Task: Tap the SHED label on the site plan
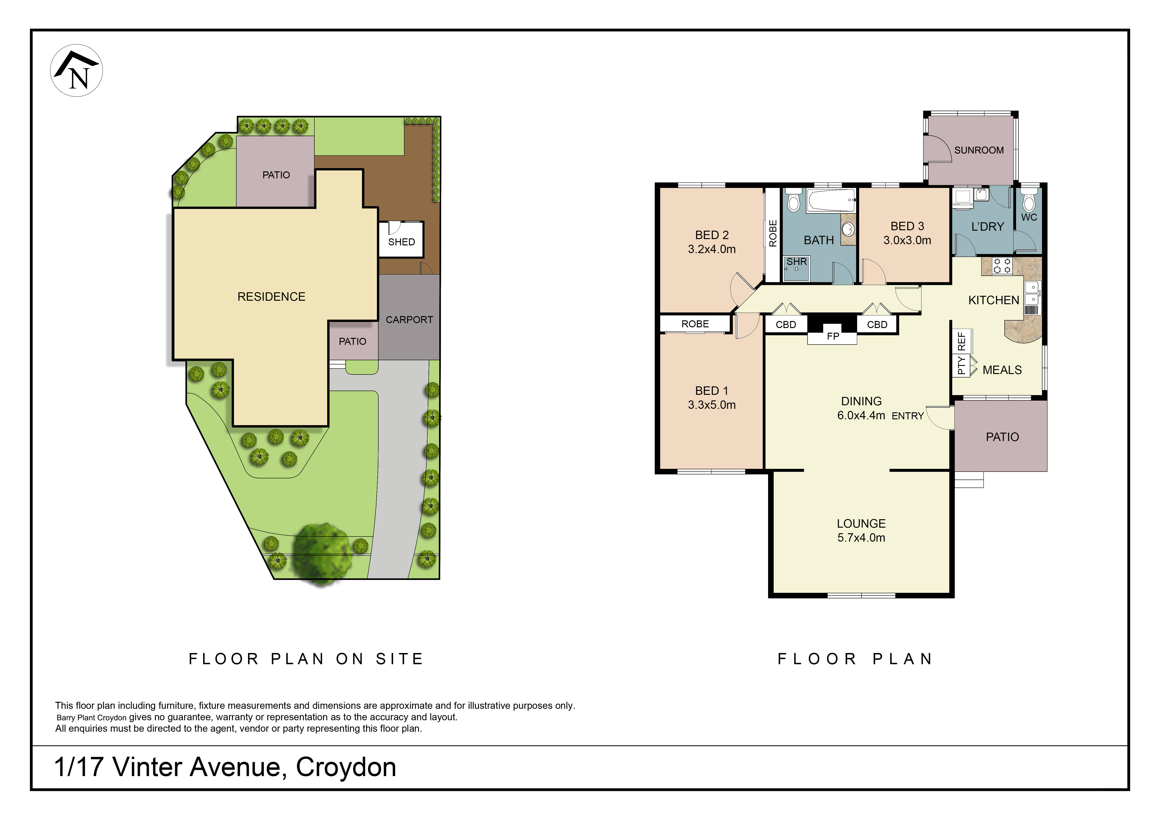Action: tap(401, 242)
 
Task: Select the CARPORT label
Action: tap(409, 319)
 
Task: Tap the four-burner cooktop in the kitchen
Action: tap(1002, 266)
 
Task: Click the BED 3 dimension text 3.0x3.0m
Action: tap(907, 240)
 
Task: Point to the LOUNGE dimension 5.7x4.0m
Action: tap(861, 537)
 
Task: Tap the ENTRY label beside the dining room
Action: tap(908, 416)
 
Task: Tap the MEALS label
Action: tap(1002, 370)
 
